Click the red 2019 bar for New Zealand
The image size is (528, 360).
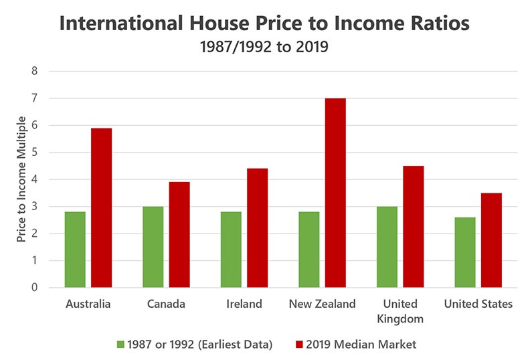(335, 193)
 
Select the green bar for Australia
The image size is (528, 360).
(75, 250)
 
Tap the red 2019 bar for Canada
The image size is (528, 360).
(179, 235)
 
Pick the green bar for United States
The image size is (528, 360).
(465, 252)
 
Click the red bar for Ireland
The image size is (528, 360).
(257, 228)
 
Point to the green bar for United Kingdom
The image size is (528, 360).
(387, 247)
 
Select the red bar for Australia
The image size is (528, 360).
(102, 207)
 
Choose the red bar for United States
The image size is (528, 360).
(491, 240)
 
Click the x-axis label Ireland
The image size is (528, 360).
(244, 304)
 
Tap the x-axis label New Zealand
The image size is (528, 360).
(322, 304)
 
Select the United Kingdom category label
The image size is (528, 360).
(400, 310)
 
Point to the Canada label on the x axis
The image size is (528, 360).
(166, 304)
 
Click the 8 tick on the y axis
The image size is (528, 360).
(35, 71)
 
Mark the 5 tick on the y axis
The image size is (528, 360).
(35, 153)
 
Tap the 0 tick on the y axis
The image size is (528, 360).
(35, 288)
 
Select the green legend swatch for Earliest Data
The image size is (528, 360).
(120, 345)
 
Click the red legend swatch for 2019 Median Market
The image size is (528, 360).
(299, 345)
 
